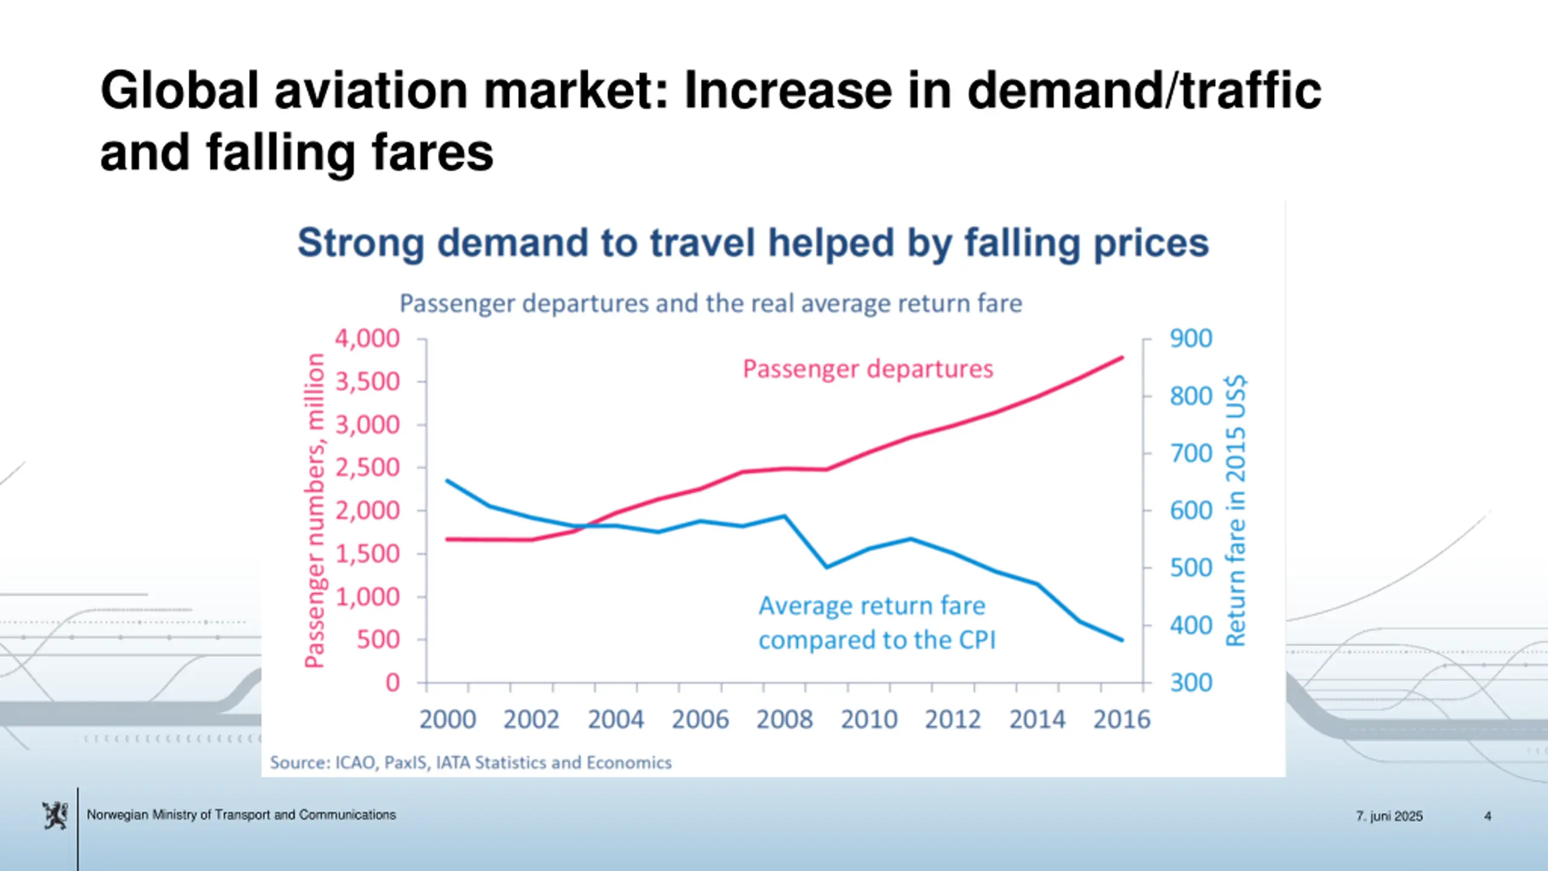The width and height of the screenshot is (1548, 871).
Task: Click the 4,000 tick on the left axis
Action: click(368, 339)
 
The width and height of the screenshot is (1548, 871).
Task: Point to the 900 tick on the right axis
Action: click(1191, 339)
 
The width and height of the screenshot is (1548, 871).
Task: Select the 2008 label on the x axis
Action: click(784, 719)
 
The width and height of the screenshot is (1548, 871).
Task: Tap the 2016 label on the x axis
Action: click(1122, 719)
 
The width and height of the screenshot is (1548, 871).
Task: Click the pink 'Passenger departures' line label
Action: click(868, 369)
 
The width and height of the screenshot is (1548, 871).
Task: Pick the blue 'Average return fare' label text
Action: click(872, 606)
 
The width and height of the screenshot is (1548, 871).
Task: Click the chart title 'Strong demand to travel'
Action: click(753, 243)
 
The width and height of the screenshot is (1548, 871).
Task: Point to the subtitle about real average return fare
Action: click(711, 304)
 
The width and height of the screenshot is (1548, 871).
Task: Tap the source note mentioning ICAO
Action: click(470, 763)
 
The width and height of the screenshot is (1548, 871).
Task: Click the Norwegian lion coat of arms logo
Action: click(55, 815)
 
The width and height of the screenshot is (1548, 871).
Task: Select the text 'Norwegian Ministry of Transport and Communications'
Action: click(241, 815)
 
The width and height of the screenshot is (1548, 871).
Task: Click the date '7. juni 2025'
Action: click(1389, 816)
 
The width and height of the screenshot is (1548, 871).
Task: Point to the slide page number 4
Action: click(1488, 816)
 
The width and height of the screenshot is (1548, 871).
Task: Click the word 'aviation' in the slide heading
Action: click(371, 91)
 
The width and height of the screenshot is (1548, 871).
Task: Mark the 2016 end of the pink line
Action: click(1122, 357)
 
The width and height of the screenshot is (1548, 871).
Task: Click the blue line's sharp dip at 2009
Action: click(827, 567)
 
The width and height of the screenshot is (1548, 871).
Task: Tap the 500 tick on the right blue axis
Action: click(1191, 568)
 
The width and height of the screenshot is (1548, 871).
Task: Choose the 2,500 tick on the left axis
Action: click(368, 468)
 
